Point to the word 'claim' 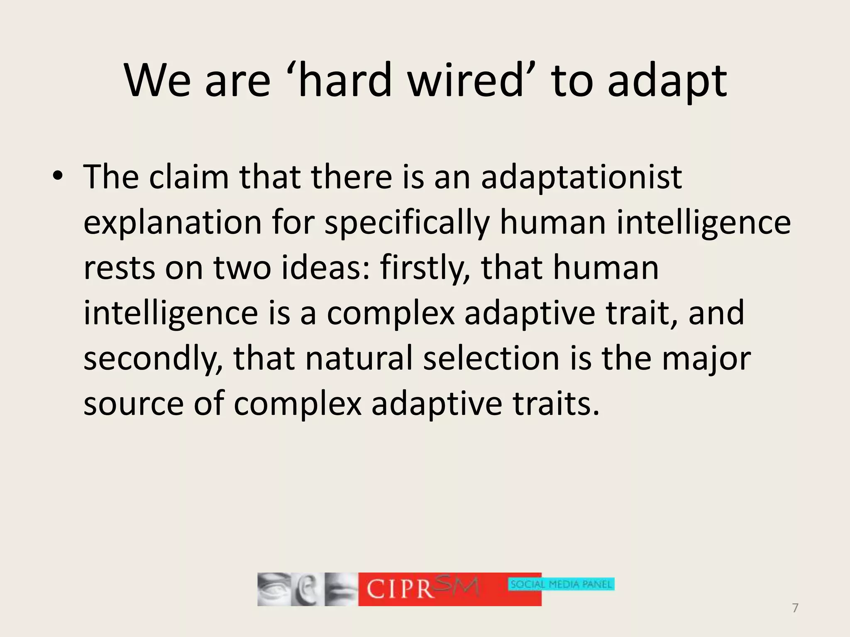tap(189, 177)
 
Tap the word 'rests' tap(119, 268)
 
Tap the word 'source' tap(133, 405)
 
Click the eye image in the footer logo tap(273, 589)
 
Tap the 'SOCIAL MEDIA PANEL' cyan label tap(561, 585)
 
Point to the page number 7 tap(795, 608)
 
